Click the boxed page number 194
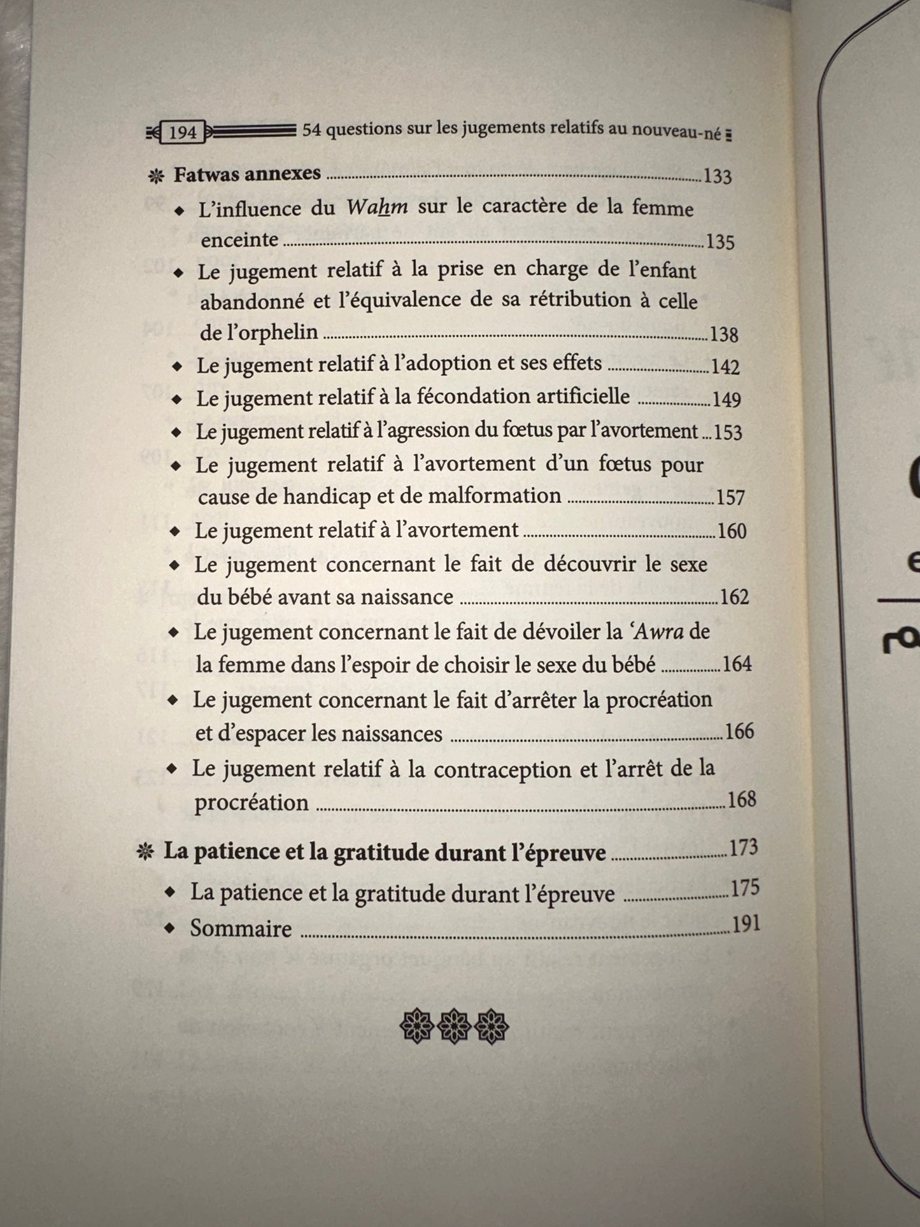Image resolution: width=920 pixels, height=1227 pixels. click(x=183, y=132)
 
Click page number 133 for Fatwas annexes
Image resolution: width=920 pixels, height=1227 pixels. click(x=718, y=176)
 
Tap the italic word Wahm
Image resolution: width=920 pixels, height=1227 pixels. click(x=377, y=208)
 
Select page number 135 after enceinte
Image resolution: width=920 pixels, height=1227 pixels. click(x=720, y=242)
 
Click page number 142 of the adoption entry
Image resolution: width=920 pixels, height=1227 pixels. click(x=726, y=367)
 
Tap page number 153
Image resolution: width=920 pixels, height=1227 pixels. click(x=728, y=432)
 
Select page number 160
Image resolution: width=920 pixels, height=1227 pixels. click(x=732, y=530)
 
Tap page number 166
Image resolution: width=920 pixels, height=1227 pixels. click(x=739, y=731)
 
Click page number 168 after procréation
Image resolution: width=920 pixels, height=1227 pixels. click(x=741, y=799)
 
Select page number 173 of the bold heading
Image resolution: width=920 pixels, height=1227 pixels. click(x=744, y=848)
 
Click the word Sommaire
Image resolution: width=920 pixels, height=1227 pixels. click(x=241, y=928)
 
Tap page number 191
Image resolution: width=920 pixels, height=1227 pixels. click(x=746, y=924)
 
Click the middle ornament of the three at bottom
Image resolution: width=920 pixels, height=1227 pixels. click(x=454, y=1026)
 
